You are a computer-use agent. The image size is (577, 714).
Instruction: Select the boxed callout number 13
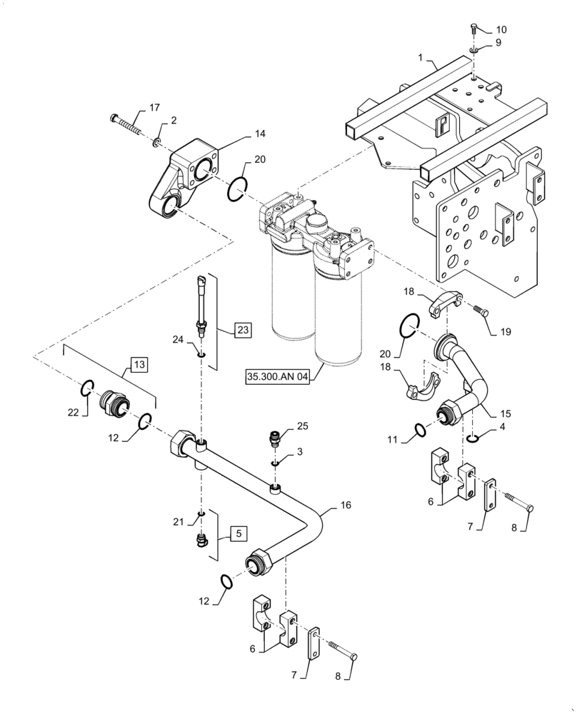click(x=139, y=365)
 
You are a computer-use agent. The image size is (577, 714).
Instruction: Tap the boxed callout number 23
click(x=244, y=329)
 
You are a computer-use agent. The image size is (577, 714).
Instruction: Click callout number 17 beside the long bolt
click(x=154, y=108)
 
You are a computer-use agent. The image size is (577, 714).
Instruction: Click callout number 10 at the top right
click(x=501, y=29)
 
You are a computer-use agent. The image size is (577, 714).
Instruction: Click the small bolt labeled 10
click(x=476, y=30)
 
